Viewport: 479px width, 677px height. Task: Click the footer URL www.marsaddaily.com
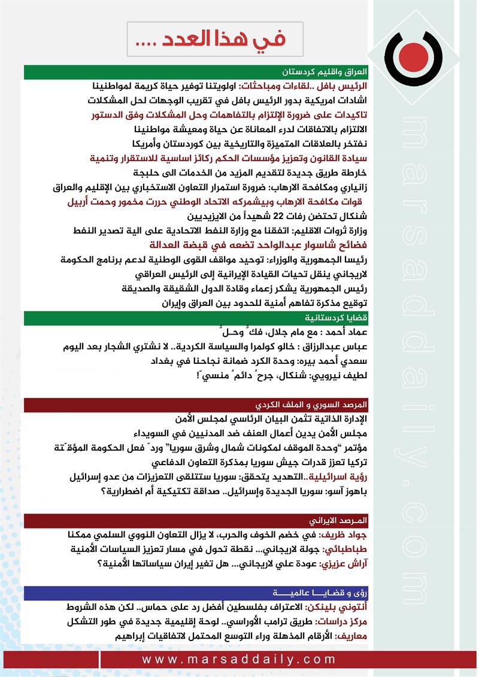click(239, 659)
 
